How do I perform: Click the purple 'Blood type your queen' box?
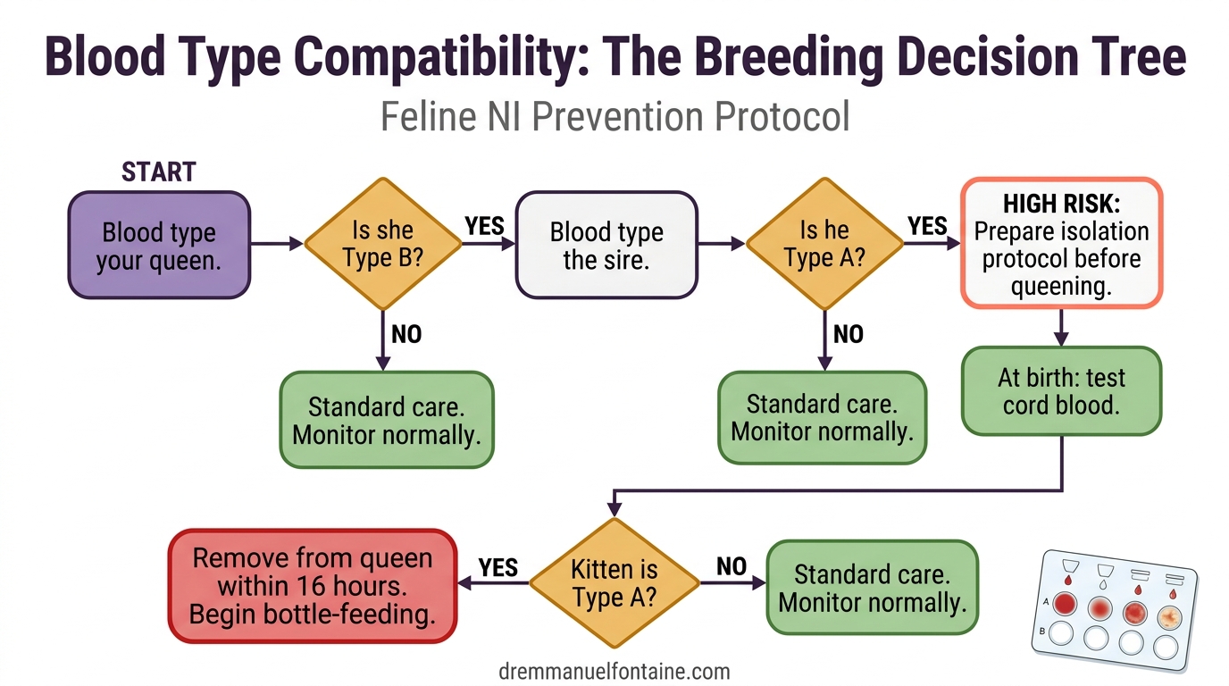[159, 245]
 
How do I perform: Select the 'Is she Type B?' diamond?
[383, 244]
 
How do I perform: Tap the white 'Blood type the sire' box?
[606, 245]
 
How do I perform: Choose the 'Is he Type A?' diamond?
[824, 244]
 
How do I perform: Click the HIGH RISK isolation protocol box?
[1061, 243]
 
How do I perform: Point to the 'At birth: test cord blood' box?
[1061, 390]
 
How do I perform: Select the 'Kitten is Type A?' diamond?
[614, 583]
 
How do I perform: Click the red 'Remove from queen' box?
[313, 586]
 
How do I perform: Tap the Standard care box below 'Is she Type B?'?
[387, 420]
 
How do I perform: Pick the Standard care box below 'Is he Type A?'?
[823, 417]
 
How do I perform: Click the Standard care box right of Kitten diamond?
[873, 587]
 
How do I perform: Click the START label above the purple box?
[159, 171]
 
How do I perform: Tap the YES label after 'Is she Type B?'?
[484, 225]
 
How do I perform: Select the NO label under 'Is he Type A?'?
[848, 334]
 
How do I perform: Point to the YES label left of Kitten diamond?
[498, 567]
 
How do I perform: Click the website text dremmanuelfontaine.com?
[614, 671]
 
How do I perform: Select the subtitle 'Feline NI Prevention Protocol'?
[614, 117]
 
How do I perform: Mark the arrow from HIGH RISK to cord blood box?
[1061, 327]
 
